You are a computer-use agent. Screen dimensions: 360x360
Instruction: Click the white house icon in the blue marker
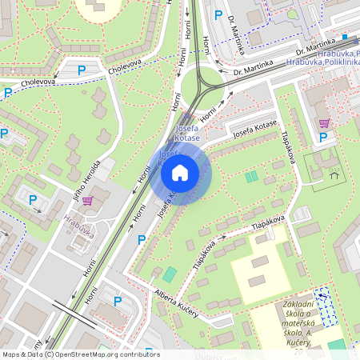click(x=180, y=173)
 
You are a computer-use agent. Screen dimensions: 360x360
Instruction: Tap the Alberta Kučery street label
click(x=176, y=302)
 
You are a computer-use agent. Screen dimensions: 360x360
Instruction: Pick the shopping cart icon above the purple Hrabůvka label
click(x=87, y=200)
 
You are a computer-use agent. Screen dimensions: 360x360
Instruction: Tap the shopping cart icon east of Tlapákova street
click(x=324, y=123)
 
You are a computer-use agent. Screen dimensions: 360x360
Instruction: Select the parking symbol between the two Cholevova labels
click(x=81, y=70)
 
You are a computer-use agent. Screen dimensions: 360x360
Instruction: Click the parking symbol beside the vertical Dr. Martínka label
click(x=218, y=14)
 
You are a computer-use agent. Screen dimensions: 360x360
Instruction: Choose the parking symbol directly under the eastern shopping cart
click(x=322, y=138)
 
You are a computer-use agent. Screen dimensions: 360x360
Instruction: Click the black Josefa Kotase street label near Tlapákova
click(x=254, y=129)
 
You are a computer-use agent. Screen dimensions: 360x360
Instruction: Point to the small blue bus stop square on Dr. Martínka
click(x=343, y=37)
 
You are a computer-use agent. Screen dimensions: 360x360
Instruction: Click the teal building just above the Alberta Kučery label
click(x=169, y=274)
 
